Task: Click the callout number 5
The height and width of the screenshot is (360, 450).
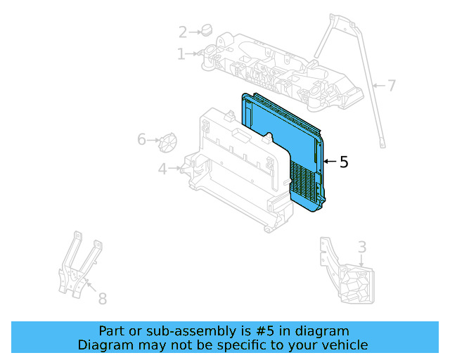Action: (343, 162)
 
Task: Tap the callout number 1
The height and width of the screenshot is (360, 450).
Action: (181, 53)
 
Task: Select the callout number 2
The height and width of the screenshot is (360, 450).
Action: (183, 32)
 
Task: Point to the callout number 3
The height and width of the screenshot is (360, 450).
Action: (361, 247)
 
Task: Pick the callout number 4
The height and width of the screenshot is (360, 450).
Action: (162, 169)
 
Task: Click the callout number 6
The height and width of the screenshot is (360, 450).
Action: (141, 140)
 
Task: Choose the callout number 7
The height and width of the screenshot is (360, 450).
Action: (392, 86)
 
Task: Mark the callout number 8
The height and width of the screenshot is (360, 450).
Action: (102, 299)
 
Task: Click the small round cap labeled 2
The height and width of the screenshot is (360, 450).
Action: (206, 30)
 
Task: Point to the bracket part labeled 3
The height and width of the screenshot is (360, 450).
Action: (348, 274)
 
